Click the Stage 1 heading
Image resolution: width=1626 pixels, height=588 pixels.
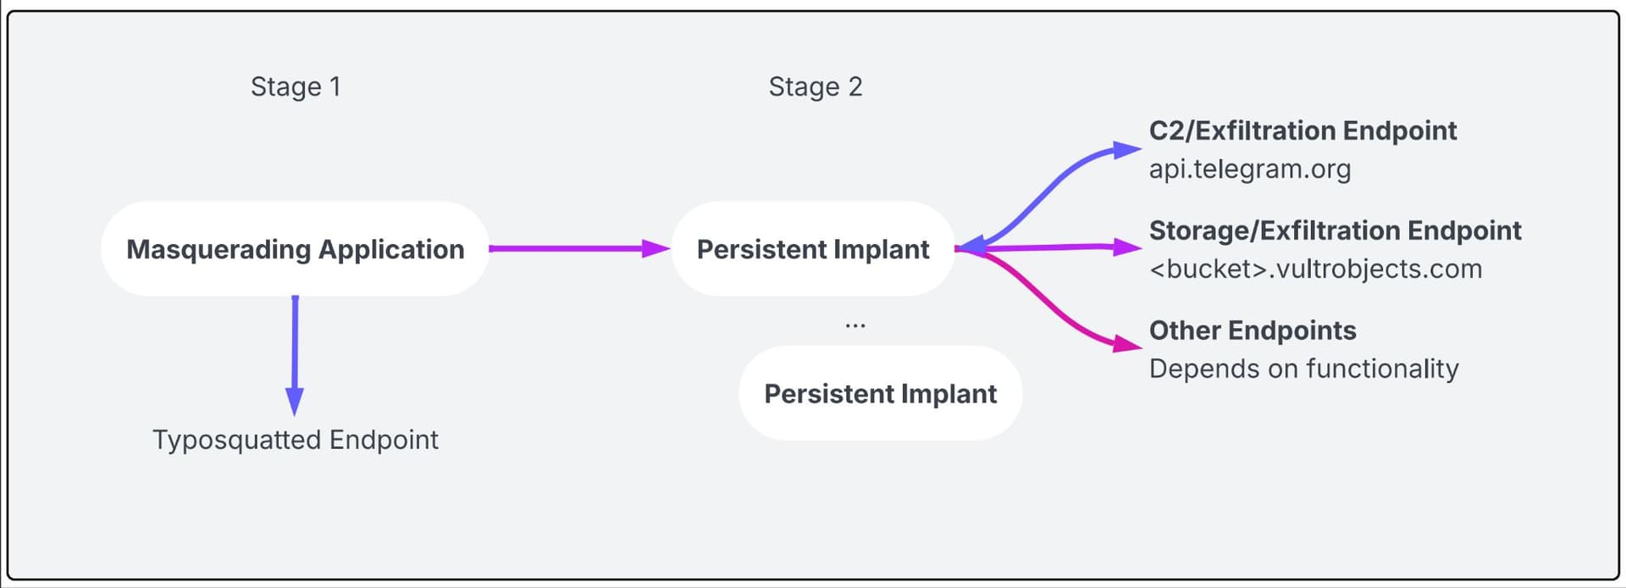point(296,86)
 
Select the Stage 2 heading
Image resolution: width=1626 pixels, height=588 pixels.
point(816,86)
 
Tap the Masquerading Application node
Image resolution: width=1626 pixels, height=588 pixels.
point(295,249)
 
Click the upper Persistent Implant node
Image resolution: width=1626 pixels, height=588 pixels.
point(813,249)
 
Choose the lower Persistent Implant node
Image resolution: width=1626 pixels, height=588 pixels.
point(881,393)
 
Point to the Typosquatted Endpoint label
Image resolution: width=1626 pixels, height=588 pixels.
point(296,440)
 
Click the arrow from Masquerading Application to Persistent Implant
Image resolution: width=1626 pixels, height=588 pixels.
point(579,248)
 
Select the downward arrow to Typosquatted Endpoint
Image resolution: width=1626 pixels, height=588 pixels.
point(295,355)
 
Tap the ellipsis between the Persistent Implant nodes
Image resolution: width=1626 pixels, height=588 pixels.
point(855,325)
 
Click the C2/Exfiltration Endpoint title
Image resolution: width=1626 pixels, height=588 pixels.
point(1302,130)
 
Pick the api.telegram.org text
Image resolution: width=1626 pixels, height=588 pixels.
point(1250,169)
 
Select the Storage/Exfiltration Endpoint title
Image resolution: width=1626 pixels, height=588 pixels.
point(1336,230)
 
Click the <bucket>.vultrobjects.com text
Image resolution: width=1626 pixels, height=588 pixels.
point(1316,269)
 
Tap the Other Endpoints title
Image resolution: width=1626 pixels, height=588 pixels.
point(1253,330)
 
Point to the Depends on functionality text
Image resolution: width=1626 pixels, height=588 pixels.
point(1304,369)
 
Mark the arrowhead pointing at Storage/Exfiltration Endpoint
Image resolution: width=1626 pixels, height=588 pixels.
point(1128,247)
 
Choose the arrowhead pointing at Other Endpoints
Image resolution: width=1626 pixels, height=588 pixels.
point(1128,344)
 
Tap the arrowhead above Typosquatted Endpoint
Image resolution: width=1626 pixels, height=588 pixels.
point(295,401)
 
